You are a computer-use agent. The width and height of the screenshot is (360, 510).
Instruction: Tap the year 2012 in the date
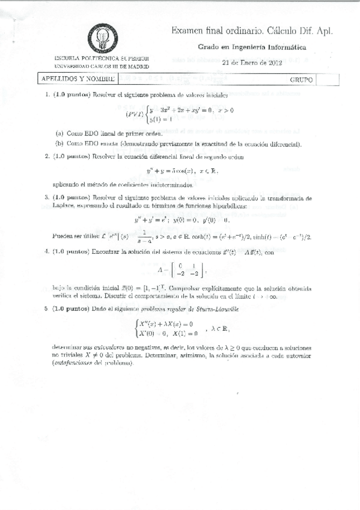click(x=275, y=62)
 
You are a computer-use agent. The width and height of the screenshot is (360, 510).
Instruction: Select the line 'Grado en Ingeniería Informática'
click(x=252, y=47)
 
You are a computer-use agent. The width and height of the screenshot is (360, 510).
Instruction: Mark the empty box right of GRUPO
click(x=324, y=79)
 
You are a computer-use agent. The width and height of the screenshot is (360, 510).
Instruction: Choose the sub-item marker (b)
click(x=59, y=144)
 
